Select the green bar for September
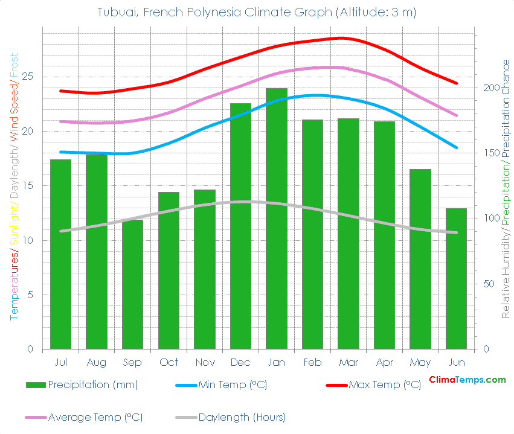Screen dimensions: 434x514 coord(132,284)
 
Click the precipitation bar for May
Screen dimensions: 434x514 coord(420,259)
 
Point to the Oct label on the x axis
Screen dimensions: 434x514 coord(169,362)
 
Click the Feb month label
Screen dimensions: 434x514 coord(312,362)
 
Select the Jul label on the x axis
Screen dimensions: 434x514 coord(60,362)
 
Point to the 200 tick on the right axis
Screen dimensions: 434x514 coord(490,88)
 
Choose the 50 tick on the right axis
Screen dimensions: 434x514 coord(488,284)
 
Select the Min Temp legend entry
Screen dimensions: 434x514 coord(233,385)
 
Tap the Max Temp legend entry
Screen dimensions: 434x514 coord(385,385)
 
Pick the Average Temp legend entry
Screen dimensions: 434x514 coord(95,417)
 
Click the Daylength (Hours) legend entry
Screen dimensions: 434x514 coord(242,417)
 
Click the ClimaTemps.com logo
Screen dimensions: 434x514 coord(467,380)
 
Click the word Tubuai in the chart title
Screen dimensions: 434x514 coord(117,12)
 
